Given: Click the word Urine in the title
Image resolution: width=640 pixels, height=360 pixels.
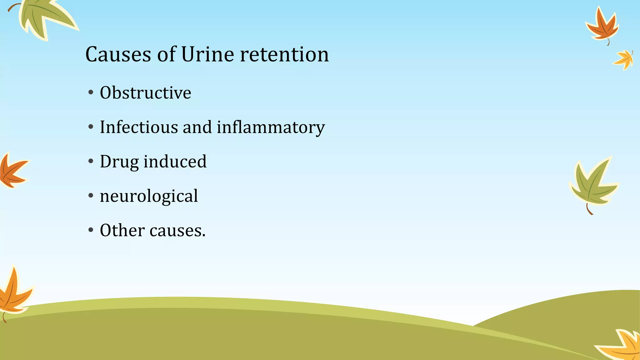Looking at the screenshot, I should coord(207,55).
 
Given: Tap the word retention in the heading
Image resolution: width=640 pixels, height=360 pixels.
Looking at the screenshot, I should coord(284,55).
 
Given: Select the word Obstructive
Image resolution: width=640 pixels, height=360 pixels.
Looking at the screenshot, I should coord(145,93).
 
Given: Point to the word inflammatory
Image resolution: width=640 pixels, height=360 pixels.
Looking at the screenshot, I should coord(271,128).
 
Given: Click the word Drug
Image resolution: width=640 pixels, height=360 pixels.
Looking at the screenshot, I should coord(119,162).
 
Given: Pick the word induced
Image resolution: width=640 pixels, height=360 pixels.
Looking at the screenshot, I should coord(175,162).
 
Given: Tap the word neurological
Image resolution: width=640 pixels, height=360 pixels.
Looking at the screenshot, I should coord(149,197).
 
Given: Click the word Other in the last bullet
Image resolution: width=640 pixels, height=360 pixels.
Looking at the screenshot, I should coord(122,230).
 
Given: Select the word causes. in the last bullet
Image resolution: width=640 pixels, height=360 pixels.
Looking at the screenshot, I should coord(177,231).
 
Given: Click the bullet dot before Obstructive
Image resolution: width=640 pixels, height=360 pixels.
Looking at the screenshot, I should coord(91,93).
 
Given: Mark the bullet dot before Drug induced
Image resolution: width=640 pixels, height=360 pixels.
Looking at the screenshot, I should coord(91,162).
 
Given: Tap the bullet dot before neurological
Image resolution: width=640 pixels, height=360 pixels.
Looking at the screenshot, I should coord(91,196).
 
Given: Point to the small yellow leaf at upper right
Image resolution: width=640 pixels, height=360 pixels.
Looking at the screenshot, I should coord(624,59).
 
